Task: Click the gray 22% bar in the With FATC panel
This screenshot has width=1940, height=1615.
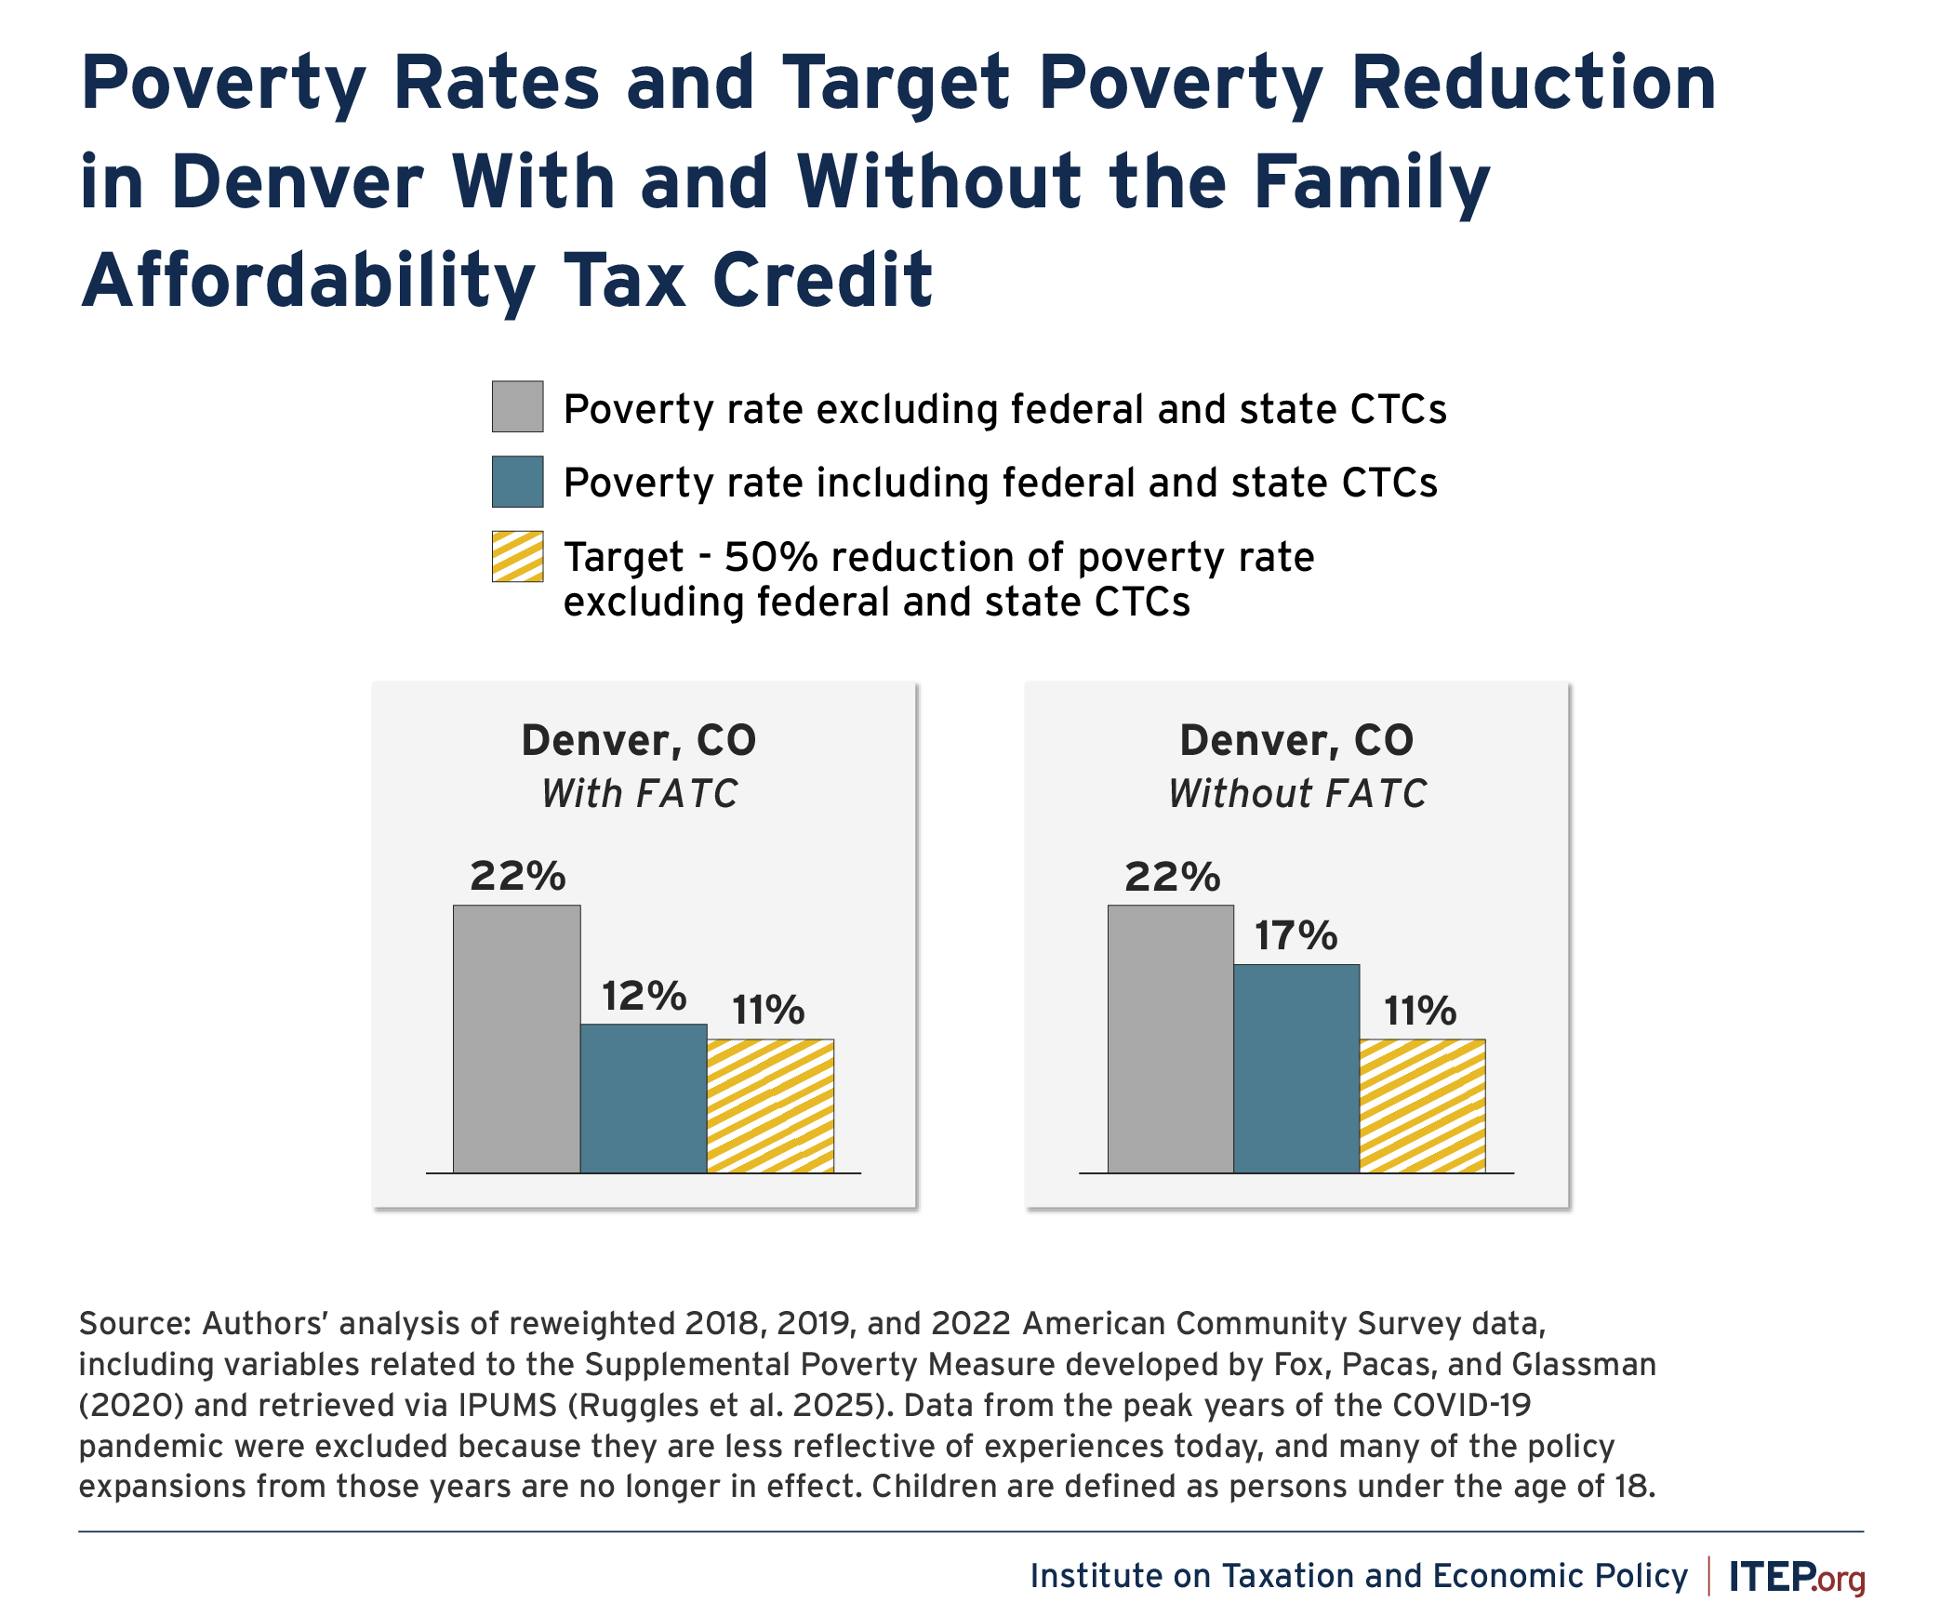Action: [x=517, y=1039]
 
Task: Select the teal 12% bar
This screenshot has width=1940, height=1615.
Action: [x=644, y=1098]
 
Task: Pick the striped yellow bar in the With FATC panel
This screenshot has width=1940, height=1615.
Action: [x=770, y=1105]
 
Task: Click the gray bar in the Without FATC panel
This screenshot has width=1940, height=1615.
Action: [x=1171, y=1039]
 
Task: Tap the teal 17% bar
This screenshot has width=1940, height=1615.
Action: [x=1296, y=1068]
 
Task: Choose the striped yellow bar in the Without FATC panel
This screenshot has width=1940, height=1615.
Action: [x=1422, y=1105]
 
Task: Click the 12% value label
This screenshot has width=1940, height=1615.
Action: [x=644, y=996]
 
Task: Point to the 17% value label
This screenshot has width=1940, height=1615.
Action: [x=1296, y=935]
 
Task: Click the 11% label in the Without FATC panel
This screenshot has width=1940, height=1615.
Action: [x=1420, y=1011]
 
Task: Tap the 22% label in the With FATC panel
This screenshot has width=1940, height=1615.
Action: [x=517, y=876]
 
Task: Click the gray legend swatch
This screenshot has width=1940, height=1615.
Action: [x=517, y=406]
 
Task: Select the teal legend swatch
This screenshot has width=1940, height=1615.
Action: [x=517, y=482]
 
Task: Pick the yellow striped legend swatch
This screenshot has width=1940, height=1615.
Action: [x=517, y=557]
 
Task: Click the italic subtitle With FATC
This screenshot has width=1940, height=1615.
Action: [x=640, y=794]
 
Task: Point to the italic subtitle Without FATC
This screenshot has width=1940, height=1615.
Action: [x=1297, y=794]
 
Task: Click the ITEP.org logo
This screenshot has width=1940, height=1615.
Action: [x=1796, y=1577]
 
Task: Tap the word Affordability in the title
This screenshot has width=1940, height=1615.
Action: [x=308, y=280]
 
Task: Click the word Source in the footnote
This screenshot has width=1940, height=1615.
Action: [x=134, y=1323]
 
